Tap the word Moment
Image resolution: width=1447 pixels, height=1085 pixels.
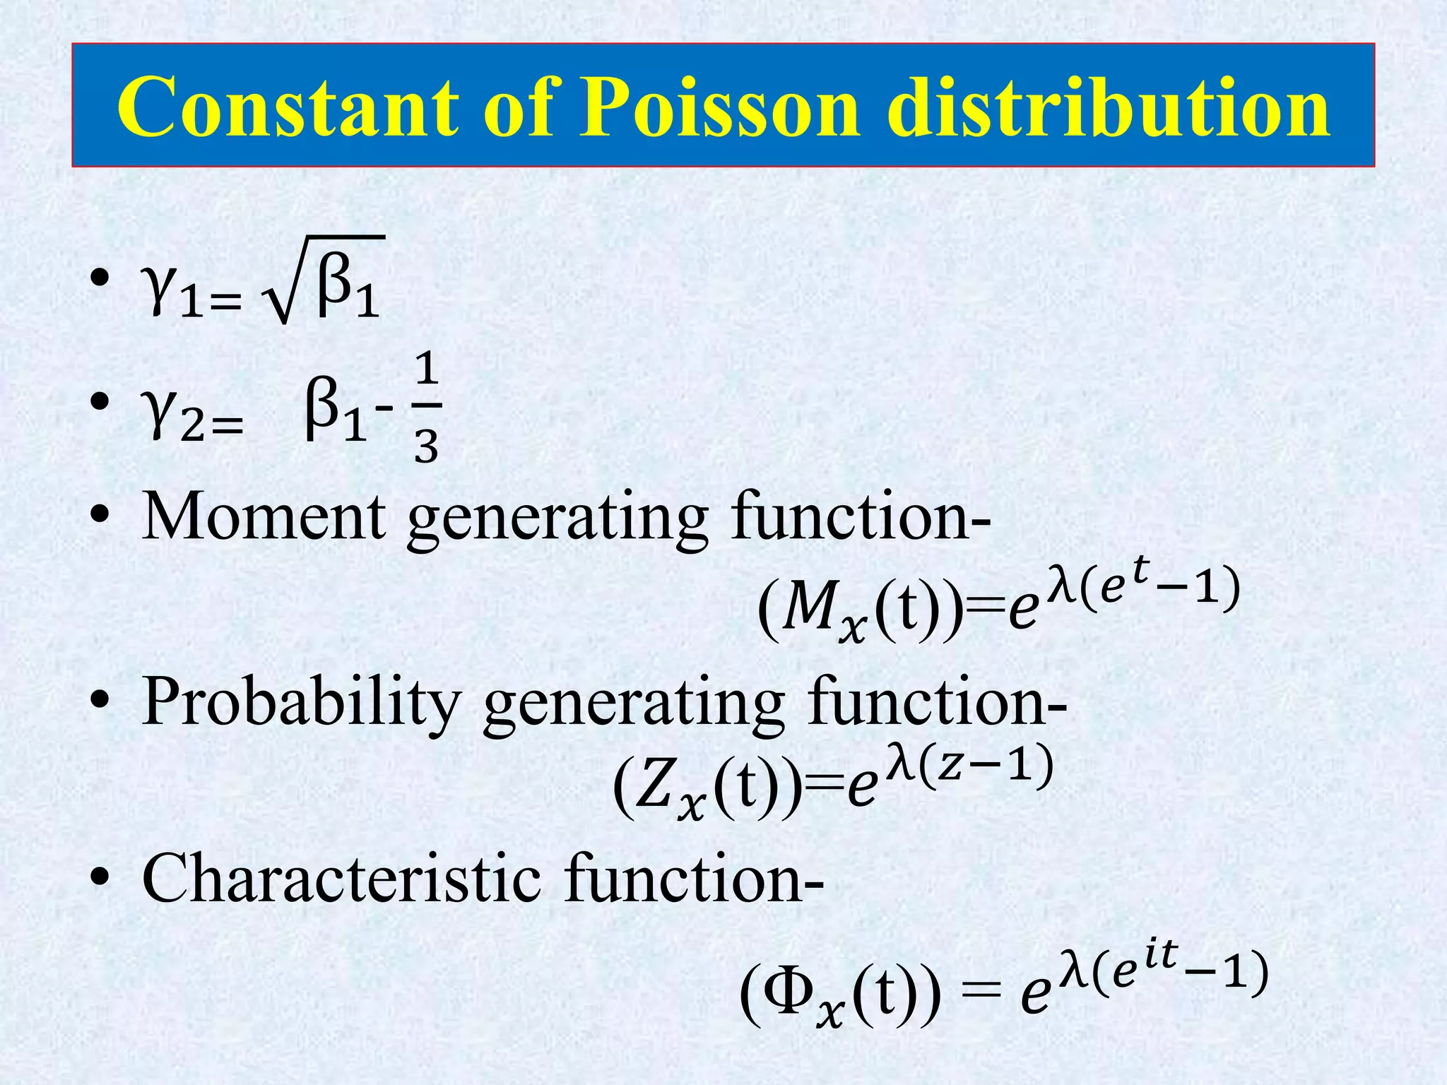264,517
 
